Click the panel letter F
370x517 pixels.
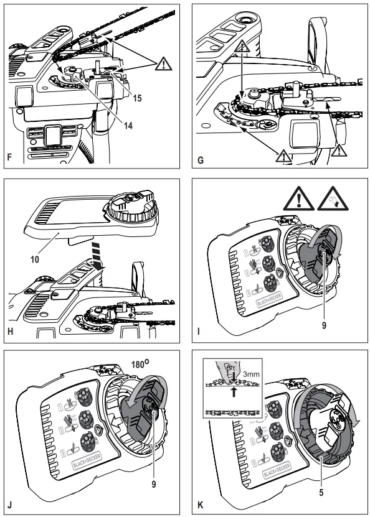[9, 159]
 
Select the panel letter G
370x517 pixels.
[199, 159]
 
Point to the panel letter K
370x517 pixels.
[199, 504]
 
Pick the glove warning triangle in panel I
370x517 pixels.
[337, 200]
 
